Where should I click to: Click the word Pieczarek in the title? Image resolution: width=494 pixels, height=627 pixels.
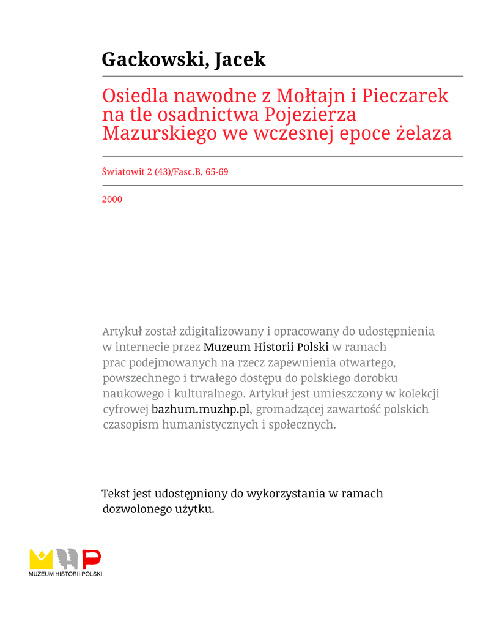[405, 96]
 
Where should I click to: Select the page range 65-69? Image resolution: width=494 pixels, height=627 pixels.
[217, 172]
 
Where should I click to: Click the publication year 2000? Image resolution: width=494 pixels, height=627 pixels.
[112, 199]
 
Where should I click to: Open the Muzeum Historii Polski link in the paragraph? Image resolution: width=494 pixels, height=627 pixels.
[266, 347]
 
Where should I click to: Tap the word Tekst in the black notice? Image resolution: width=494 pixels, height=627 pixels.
[116, 494]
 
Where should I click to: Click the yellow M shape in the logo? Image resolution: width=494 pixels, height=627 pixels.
[41, 559]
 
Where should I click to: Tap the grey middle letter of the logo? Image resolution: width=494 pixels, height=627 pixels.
[67, 558]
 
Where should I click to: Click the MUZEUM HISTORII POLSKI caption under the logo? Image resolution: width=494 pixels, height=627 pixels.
[65, 574]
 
